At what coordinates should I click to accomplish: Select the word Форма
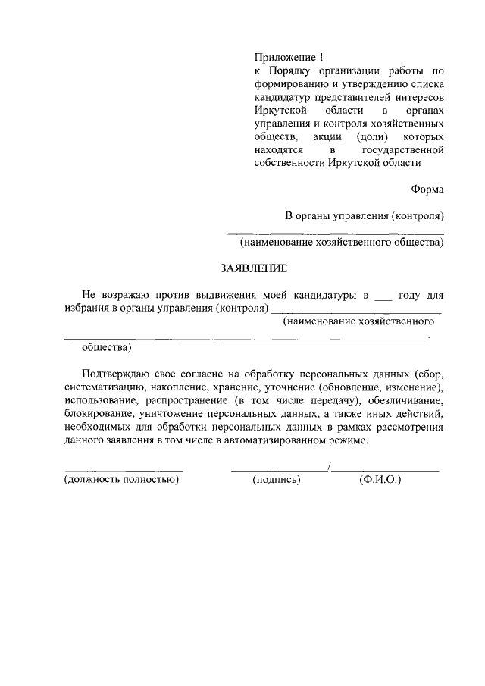428,190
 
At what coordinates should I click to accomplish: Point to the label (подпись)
277,480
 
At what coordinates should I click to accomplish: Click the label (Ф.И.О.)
380,480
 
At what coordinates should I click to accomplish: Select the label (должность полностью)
121,480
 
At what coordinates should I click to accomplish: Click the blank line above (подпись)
278,471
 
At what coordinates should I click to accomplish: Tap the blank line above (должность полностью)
124,471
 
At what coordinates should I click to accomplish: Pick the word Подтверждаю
119,374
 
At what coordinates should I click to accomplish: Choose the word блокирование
99,415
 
